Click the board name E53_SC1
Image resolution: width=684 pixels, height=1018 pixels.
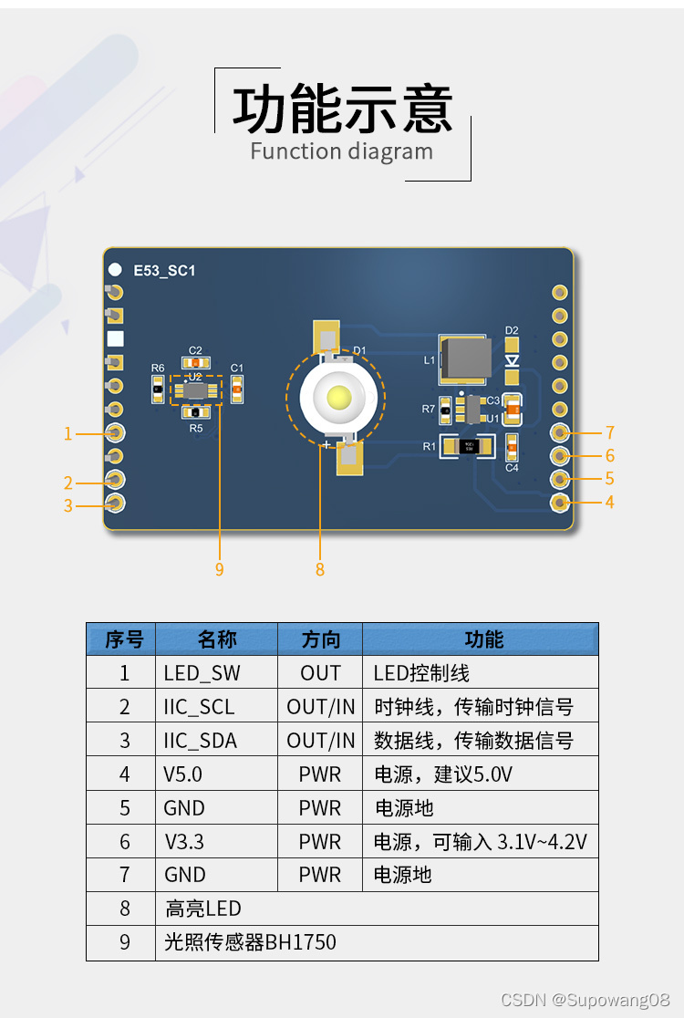(164, 271)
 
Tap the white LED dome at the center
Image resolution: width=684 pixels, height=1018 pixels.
(337, 398)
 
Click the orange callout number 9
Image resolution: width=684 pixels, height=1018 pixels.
(219, 569)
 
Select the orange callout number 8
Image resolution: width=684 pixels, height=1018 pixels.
(319, 569)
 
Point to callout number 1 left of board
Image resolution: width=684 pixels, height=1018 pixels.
(67, 433)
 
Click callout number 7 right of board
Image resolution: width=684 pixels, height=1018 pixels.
(610, 432)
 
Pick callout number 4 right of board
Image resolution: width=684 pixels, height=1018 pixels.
(609, 502)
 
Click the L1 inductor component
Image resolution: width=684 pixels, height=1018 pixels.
(466, 358)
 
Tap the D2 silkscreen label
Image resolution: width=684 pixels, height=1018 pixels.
(512, 330)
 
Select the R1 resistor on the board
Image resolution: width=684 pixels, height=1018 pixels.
(468, 446)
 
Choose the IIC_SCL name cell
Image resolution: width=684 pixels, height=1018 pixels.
(199, 707)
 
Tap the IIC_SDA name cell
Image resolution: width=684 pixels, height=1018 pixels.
(200, 741)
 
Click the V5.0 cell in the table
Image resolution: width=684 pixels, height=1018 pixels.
(183, 774)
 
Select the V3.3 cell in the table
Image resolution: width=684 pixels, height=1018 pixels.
(183, 841)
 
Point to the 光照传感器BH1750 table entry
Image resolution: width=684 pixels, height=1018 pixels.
(250, 942)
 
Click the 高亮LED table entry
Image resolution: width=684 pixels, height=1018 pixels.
(203, 909)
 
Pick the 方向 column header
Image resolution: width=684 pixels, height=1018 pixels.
(320, 639)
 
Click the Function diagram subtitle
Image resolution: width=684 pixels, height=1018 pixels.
(342, 151)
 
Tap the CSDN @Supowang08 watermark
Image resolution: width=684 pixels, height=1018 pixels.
(586, 1000)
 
